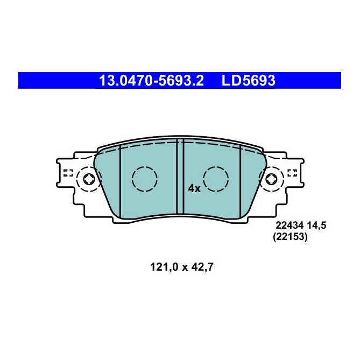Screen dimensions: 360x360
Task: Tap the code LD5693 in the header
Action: (249, 81)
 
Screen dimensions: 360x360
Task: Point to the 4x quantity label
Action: (194, 188)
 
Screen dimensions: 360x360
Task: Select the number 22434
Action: (289, 227)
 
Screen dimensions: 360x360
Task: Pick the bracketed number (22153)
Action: (290, 237)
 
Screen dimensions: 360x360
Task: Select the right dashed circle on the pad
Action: (216, 179)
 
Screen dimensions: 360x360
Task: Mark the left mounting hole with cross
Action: (90, 179)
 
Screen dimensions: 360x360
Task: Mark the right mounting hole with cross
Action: (271, 179)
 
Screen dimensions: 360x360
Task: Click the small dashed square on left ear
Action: (68, 173)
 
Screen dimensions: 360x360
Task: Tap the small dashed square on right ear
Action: (293, 173)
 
